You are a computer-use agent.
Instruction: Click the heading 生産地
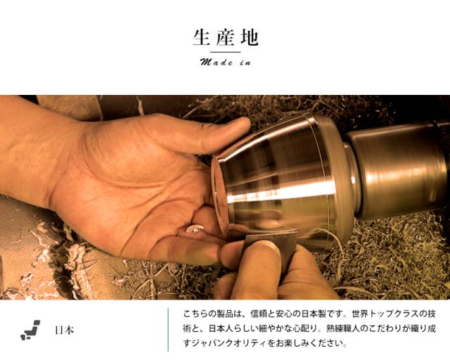(225, 37)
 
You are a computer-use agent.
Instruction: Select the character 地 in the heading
(248, 37)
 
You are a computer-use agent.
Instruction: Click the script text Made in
(225, 63)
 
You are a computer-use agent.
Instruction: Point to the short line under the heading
(225, 52)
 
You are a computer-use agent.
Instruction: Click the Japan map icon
(30, 330)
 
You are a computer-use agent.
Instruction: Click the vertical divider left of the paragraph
(169, 330)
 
